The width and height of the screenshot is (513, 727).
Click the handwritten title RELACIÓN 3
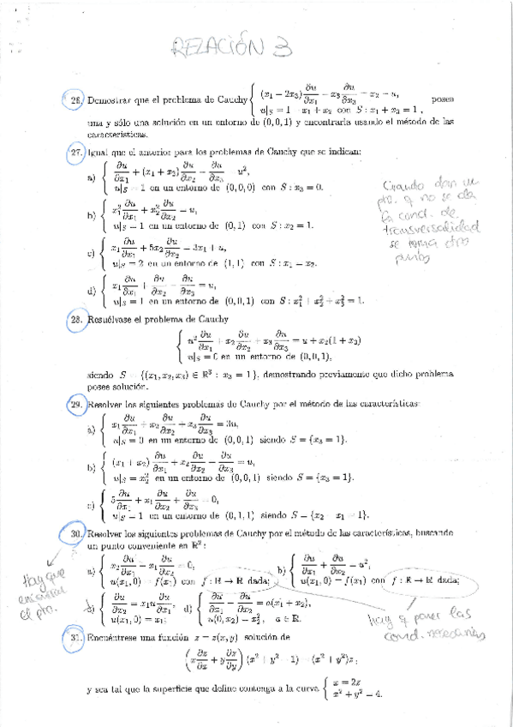pyautogui.click(x=255, y=49)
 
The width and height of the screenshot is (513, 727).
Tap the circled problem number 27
pyautogui.click(x=75, y=153)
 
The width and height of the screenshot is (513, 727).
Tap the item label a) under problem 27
pyautogui.click(x=92, y=179)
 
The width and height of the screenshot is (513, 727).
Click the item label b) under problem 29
pyautogui.click(x=92, y=468)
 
